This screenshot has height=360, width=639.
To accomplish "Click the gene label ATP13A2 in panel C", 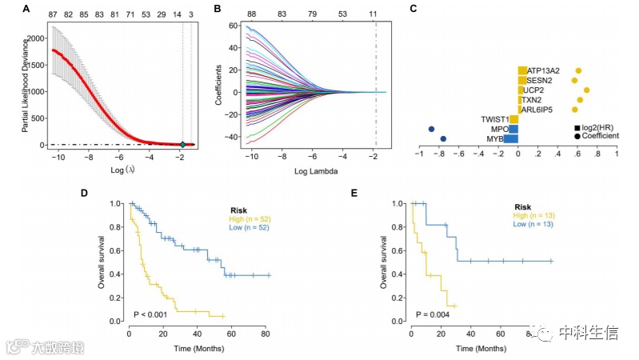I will coord(544,71).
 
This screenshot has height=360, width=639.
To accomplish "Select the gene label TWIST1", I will coord(495,119).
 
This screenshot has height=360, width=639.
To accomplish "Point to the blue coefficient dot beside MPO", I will coord(432,129).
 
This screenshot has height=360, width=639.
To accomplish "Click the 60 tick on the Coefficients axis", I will coord(232,26).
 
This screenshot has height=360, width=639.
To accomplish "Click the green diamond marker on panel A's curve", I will coord(182,144).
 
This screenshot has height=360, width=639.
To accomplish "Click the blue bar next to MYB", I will coord(510,139).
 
